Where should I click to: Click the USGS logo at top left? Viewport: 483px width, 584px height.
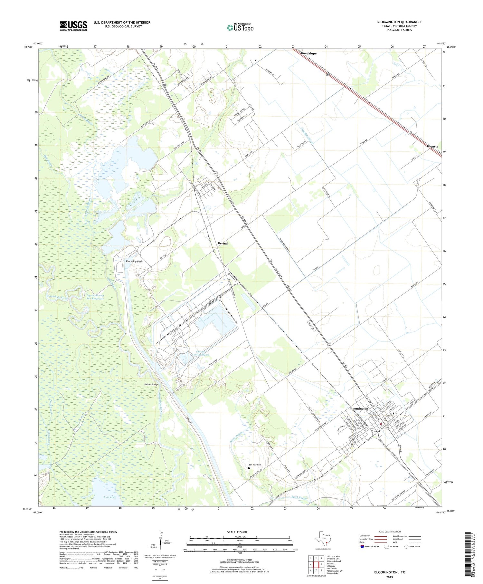(73, 26)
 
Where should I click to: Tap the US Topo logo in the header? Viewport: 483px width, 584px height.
(240, 28)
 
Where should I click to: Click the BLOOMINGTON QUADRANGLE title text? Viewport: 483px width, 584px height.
(399, 22)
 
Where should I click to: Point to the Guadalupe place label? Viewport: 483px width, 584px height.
(308, 53)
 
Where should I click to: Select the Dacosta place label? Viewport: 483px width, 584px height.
(432, 147)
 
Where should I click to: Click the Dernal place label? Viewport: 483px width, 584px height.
(223, 243)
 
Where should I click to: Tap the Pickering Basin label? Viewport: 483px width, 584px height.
(135, 261)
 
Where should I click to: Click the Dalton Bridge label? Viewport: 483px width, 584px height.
(151, 384)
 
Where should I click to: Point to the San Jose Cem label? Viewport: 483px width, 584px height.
(255, 464)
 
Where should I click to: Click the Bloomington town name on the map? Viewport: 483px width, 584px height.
(358, 408)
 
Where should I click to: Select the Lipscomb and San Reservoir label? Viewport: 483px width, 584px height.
(95, 297)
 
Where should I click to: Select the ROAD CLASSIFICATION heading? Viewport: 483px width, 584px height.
(389, 531)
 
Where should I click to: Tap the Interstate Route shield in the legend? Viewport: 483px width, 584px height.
(362, 546)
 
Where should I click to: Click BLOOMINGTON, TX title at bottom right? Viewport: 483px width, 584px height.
(389, 572)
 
